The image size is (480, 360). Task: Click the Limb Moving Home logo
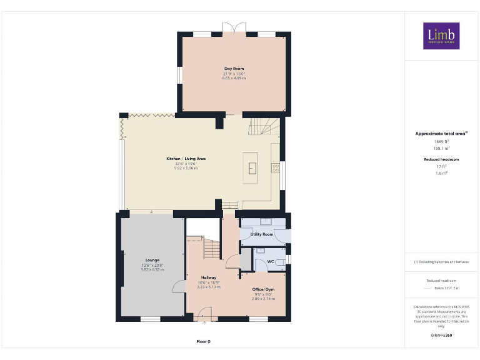441,36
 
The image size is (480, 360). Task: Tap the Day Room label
234,68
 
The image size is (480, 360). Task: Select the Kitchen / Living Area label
186,159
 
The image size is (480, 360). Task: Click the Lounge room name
152,260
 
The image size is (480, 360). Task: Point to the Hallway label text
209,277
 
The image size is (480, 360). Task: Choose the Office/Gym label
263,290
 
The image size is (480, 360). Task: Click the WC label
271,261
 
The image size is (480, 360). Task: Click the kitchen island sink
252,167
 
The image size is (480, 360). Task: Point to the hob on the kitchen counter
275,167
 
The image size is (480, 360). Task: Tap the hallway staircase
212,248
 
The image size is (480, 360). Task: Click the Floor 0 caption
204,341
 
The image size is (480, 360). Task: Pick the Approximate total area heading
441,134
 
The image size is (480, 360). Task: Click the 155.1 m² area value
441,149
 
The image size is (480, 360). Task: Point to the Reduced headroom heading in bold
441,159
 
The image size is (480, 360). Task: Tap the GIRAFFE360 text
441,336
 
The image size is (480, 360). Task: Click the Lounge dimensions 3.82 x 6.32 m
152,269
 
